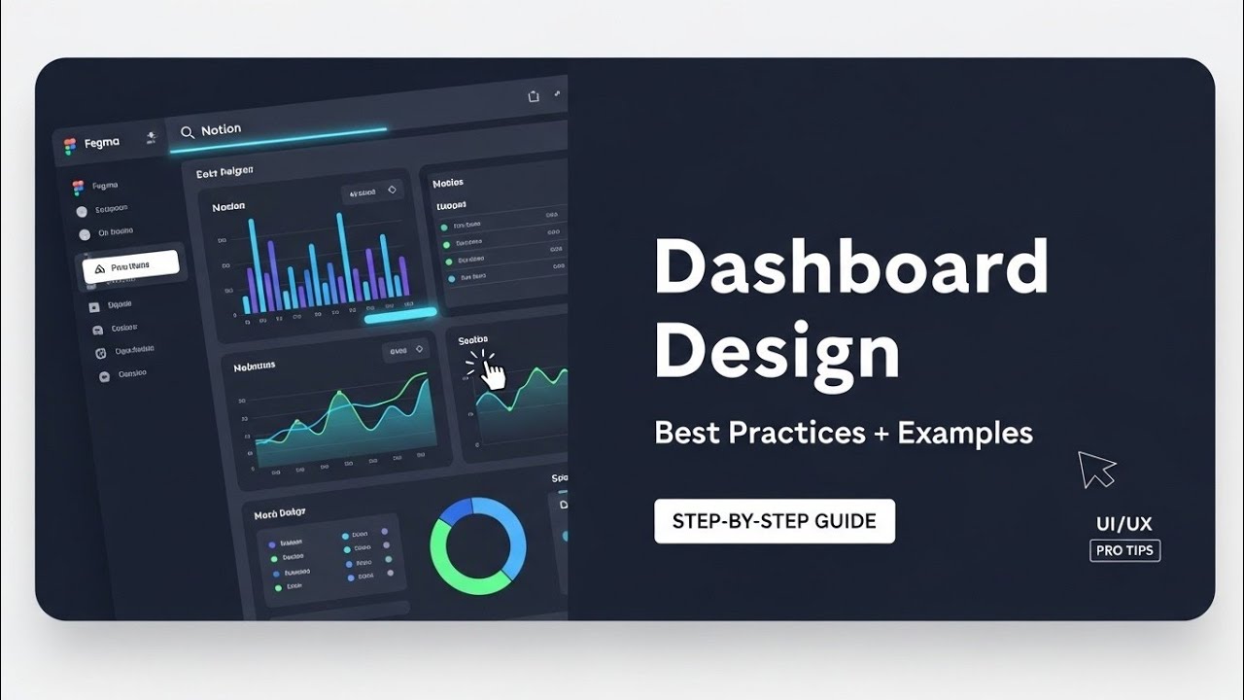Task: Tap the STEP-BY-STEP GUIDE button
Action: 774,521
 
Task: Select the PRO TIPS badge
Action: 1124,551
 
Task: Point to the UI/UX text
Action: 1123,525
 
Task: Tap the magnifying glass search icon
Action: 188,131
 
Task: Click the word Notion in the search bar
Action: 221,129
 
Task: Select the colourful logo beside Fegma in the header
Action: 70,146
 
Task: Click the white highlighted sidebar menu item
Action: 130,266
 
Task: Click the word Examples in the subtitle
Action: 964,433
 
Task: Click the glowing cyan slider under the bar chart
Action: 400,314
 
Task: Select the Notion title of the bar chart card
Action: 228,206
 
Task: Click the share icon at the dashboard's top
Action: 533,96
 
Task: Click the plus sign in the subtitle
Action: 881,434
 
